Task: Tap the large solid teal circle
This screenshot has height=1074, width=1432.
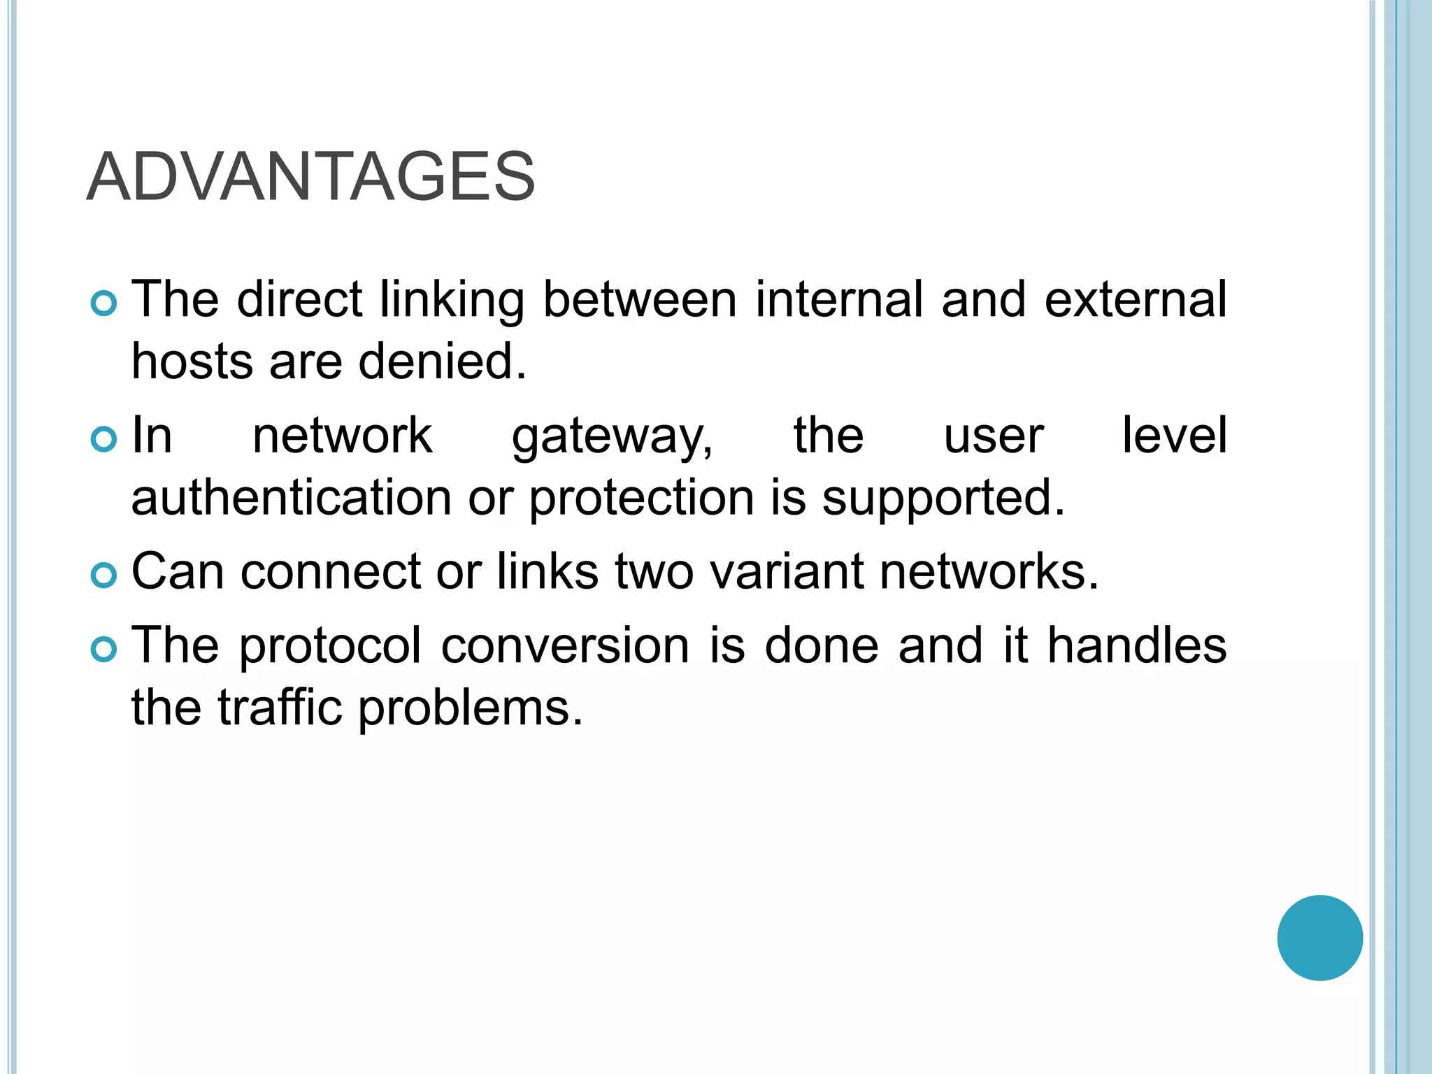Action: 1319,938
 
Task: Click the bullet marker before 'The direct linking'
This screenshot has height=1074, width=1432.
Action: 103,304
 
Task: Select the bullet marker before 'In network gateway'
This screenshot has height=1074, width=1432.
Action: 103,439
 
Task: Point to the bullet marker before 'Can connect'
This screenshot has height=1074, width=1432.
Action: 103,575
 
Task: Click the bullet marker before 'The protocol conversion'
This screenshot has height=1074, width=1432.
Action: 103,650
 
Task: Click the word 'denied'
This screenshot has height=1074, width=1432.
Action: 441,361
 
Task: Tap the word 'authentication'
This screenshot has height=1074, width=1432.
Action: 291,498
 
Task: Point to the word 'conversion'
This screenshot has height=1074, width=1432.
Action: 565,645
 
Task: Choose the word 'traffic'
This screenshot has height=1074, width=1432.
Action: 279,707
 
